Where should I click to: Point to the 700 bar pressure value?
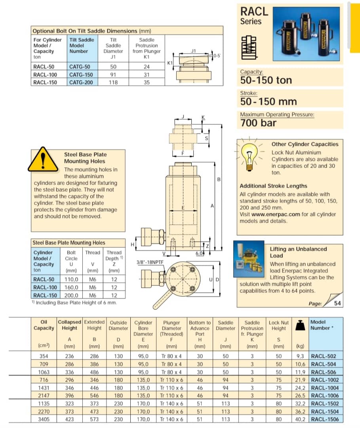tap(259, 123)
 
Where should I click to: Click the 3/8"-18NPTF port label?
tap(149, 262)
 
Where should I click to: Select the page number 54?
tap(337, 304)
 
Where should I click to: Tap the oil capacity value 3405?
tap(44, 419)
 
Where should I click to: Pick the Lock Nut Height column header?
tap(278, 325)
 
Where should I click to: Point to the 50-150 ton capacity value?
tap(266, 80)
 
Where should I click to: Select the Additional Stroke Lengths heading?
tap(273, 186)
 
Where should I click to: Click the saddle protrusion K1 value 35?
tap(147, 82)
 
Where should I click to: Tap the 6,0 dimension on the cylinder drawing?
tap(199, 253)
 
